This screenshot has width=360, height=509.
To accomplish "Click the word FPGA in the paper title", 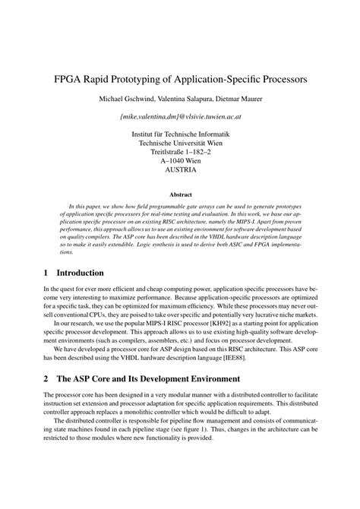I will pos(71,78).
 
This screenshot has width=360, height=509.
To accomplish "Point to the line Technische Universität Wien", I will pos(180,143).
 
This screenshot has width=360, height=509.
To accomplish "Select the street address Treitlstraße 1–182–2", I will pos(180,152).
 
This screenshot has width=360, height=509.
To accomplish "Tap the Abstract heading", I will pos(180,194).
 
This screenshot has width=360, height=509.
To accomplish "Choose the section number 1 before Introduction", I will pos(46,272).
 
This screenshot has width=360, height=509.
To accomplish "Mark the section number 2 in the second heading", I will pos(46,380).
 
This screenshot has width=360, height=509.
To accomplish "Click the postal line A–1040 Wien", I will pos(180,161).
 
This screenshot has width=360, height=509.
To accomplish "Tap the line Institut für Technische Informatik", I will pos(180,134).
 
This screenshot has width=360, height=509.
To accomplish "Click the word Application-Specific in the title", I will pos(237,78).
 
